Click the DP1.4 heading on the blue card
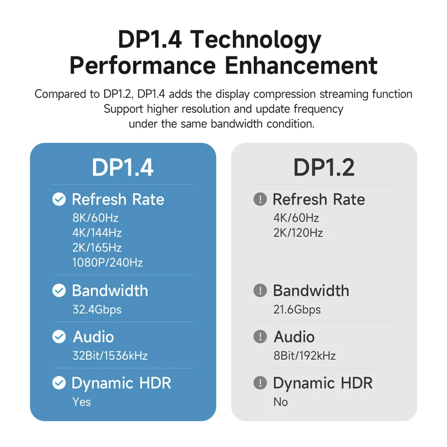(122, 167)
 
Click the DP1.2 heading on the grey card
(324, 167)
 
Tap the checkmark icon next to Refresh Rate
(59, 199)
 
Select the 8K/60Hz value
(95, 218)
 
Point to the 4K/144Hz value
(97, 232)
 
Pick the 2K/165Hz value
(97, 247)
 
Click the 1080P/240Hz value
(107, 262)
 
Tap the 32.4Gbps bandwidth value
(97, 309)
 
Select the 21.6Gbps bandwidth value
(297, 309)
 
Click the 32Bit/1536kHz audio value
(110, 355)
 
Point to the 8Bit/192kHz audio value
(305, 355)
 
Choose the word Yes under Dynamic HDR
(82, 402)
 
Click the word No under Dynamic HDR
(280, 402)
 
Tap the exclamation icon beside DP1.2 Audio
(260, 336)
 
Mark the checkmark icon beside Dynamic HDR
(59, 383)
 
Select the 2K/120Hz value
(298, 232)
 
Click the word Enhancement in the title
(301, 65)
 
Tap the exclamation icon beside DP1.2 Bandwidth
(260, 291)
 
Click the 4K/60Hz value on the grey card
(296, 218)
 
